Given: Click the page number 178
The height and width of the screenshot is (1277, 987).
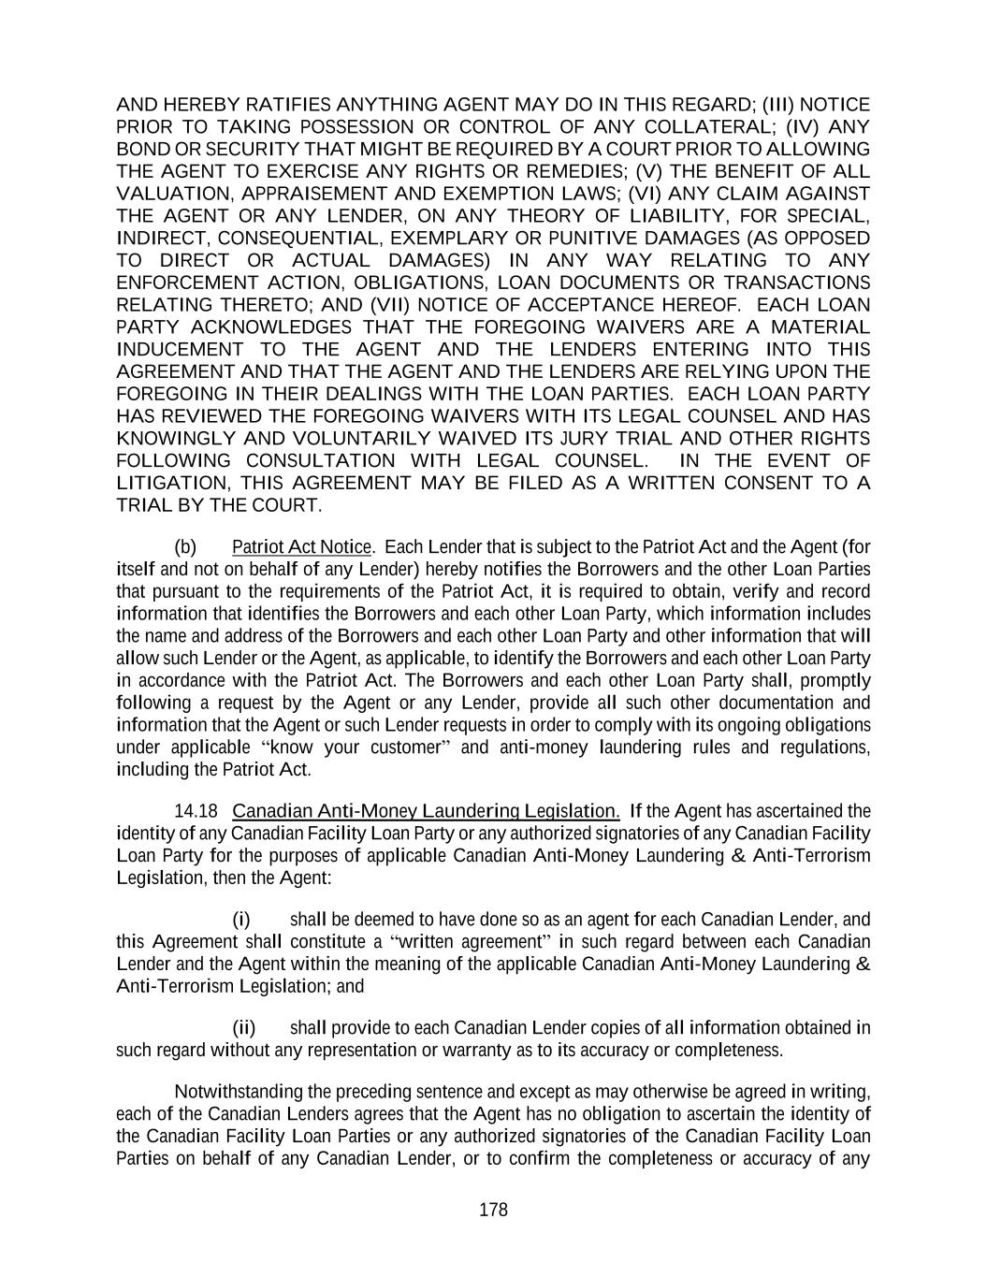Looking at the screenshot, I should coord(493,1210).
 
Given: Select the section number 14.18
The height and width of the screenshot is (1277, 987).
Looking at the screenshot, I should coord(195,810).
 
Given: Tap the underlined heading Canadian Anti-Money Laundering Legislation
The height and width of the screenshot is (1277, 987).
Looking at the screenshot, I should coord(426,810).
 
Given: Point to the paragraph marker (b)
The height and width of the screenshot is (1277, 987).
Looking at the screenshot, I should coord(186,546).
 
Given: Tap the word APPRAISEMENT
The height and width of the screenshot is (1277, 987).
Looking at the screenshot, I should coord(304,194).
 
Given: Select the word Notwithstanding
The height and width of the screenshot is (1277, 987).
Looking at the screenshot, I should coord(232,1092).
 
